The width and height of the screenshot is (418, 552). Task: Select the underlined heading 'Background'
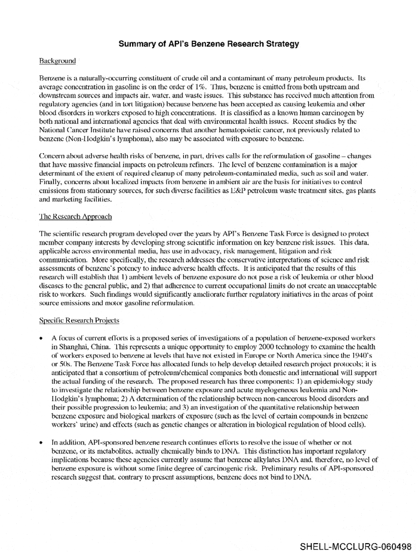pos(57,61)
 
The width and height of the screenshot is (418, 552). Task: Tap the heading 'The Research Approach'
pos(75,216)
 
